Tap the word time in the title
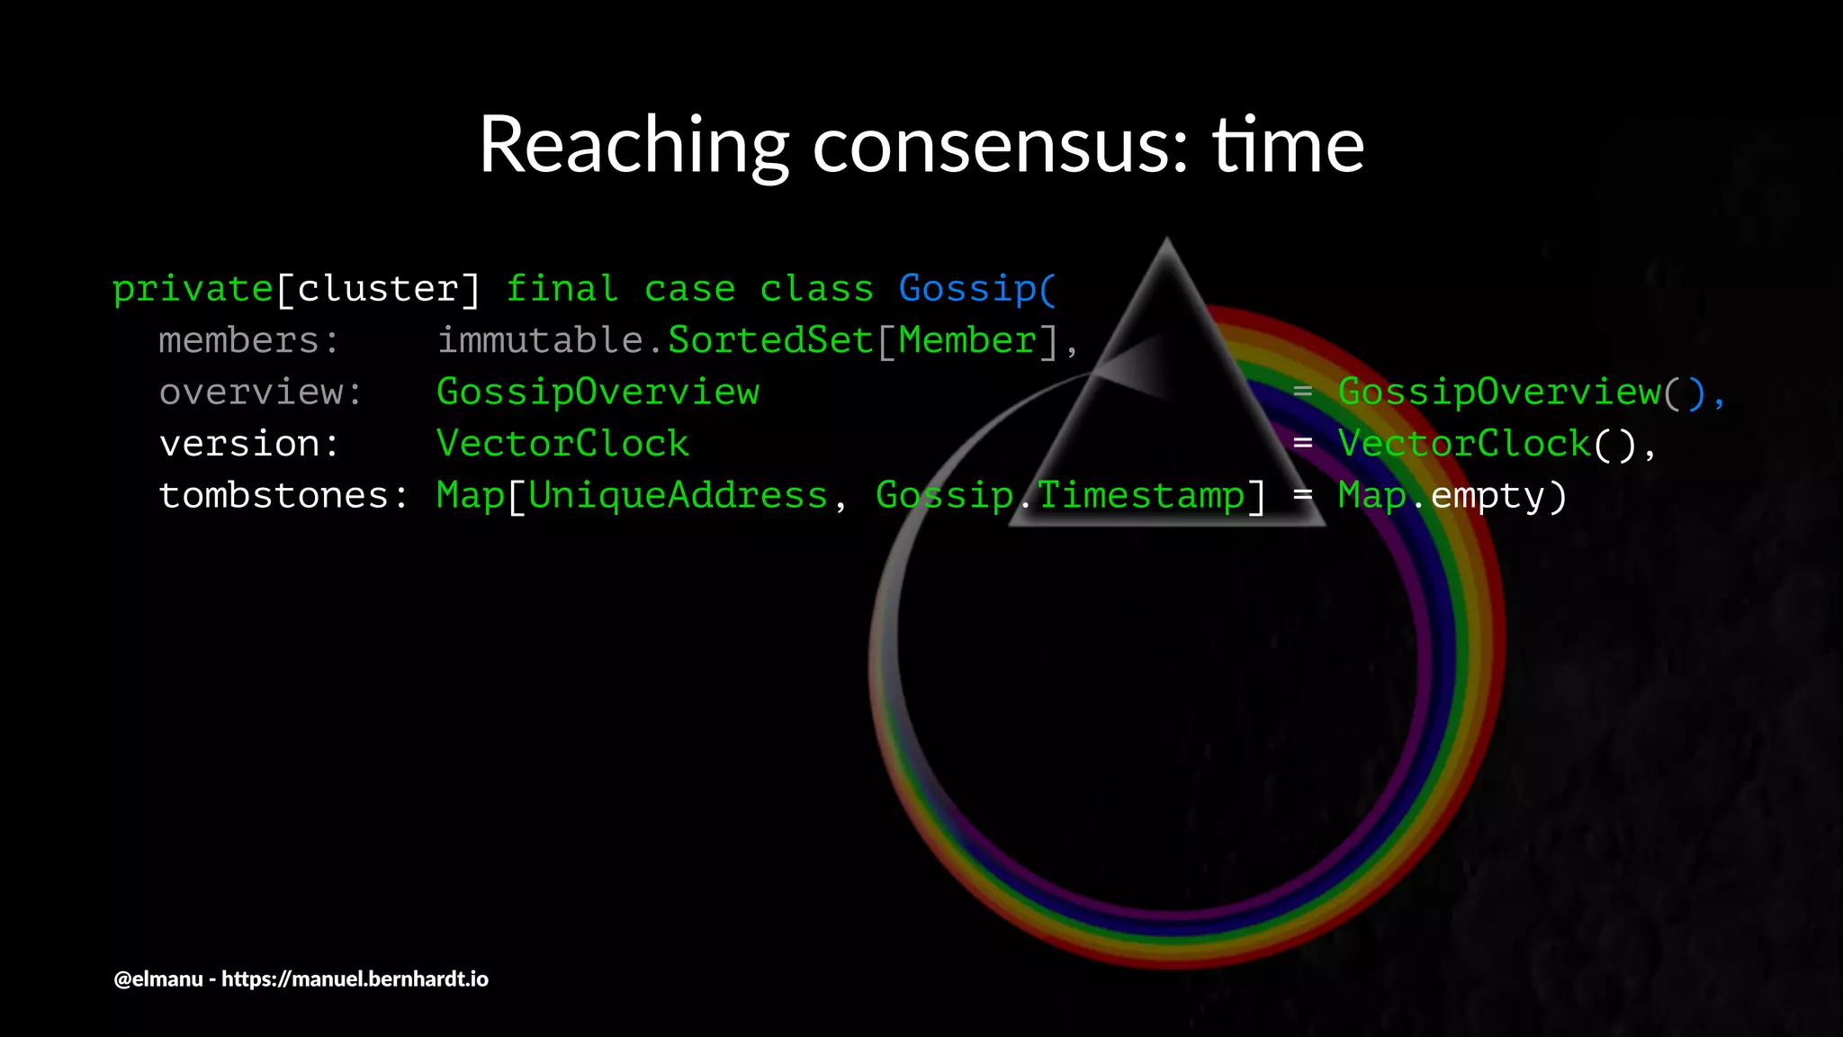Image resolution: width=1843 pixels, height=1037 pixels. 1288,145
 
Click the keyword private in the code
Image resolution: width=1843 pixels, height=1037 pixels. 193,290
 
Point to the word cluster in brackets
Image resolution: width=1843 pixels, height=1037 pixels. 378,290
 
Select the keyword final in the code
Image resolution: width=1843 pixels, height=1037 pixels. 562,289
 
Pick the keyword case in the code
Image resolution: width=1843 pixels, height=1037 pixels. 689,290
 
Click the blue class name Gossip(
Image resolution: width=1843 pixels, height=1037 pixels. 976,290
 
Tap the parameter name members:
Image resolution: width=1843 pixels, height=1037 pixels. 248,341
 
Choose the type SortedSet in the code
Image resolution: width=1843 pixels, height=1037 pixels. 769,341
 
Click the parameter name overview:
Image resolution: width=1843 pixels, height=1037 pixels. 260,392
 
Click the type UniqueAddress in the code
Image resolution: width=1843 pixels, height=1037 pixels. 677,496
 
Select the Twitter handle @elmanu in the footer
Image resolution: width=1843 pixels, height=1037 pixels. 158,979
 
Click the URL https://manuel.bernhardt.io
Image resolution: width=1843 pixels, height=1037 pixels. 355,979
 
